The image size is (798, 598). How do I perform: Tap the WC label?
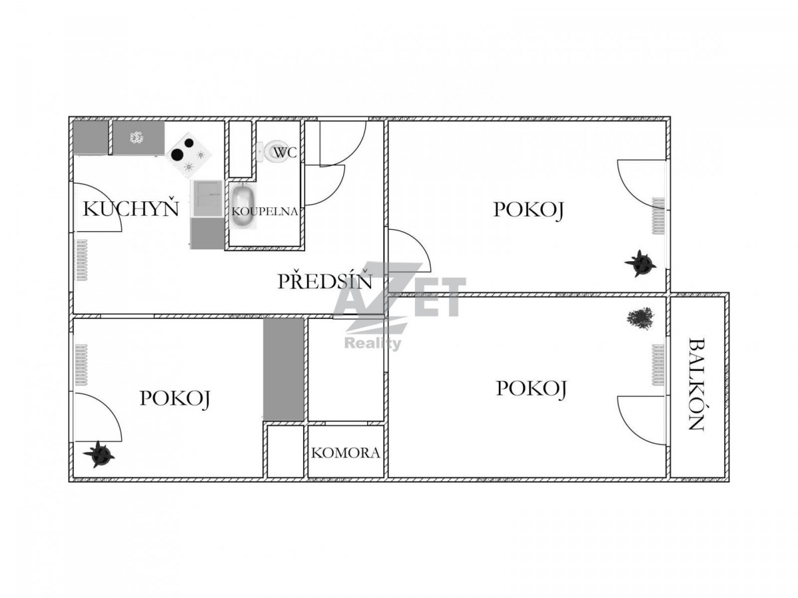point(285,153)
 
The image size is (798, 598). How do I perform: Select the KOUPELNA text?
point(264,211)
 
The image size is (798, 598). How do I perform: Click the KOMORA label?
point(345,452)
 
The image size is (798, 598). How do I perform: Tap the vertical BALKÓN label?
point(696,384)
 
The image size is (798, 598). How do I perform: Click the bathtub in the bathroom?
point(243,205)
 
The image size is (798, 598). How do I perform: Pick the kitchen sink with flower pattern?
point(138,138)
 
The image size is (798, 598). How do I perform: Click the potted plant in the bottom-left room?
point(98,454)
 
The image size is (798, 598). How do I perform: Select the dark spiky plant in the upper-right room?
point(640,263)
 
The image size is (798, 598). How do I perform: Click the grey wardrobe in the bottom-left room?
point(283,369)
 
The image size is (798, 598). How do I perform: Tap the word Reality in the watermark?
point(372,343)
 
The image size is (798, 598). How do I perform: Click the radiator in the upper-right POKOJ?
point(658,216)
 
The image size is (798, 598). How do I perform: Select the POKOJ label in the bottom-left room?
point(175,398)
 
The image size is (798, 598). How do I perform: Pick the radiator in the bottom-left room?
point(81,365)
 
